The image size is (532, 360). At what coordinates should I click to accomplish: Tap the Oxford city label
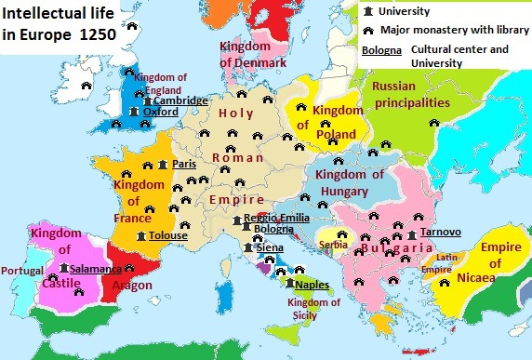(x=160, y=113)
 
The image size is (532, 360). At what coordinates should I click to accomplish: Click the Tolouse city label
(x=167, y=236)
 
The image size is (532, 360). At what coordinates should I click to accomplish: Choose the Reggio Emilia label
(x=276, y=217)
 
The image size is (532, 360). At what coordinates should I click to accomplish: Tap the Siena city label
(x=270, y=248)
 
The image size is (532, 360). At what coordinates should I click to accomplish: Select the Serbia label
(x=333, y=244)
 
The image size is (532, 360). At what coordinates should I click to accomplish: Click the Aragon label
(x=132, y=284)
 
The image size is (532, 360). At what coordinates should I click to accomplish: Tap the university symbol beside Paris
(x=163, y=165)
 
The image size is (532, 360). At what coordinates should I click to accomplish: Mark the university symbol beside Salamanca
(x=63, y=268)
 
